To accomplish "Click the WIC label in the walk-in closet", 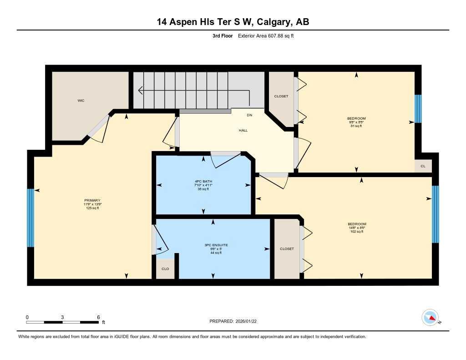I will point(81,101).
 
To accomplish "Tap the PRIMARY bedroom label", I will point(92,201).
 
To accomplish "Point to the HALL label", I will point(243,130).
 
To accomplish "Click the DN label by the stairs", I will point(249,115).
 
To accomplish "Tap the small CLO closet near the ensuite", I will point(165,269).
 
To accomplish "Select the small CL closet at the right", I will point(423,166).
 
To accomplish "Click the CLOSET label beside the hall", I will point(281,96).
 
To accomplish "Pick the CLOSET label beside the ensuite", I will point(287,249).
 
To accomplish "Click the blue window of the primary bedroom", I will point(30,218).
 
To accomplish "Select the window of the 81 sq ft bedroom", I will point(418,109).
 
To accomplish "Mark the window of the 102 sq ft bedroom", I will point(435,214).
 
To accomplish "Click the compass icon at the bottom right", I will point(430,317).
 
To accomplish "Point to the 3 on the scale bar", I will point(62,317).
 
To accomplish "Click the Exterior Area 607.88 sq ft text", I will point(266,35).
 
